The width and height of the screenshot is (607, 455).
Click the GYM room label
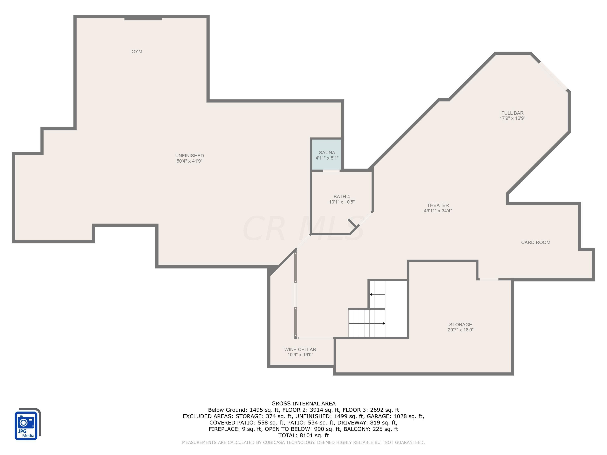click(137, 52)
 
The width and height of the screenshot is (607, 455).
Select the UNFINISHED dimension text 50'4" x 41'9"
click(189, 161)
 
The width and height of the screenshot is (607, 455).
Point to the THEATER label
click(438, 205)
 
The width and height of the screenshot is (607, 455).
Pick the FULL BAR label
click(512, 113)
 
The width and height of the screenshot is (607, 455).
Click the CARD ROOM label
click(535, 242)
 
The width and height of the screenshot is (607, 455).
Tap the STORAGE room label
click(460, 324)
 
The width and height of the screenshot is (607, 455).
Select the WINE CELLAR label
click(300, 349)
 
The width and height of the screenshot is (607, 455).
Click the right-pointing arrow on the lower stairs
click(384, 323)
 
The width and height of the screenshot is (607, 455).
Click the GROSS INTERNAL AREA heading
click(303, 403)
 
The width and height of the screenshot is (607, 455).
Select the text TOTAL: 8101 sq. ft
click(303, 435)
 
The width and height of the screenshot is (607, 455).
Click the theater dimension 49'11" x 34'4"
click(438, 211)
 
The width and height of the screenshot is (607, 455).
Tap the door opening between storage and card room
click(488, 279)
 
